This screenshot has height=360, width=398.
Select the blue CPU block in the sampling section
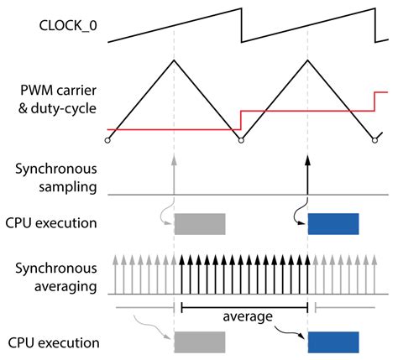tap(333, 223)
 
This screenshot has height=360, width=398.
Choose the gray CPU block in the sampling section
tap(200, 223)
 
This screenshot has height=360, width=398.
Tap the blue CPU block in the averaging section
tap(333, 342)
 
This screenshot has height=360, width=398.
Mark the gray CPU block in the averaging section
tap(200, 342)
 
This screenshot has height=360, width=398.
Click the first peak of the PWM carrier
tap(174, 60)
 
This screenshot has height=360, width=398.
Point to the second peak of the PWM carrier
tap(308, 60)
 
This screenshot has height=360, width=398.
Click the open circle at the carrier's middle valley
tap(241, 140)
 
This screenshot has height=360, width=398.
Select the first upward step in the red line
tap(241, 120)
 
